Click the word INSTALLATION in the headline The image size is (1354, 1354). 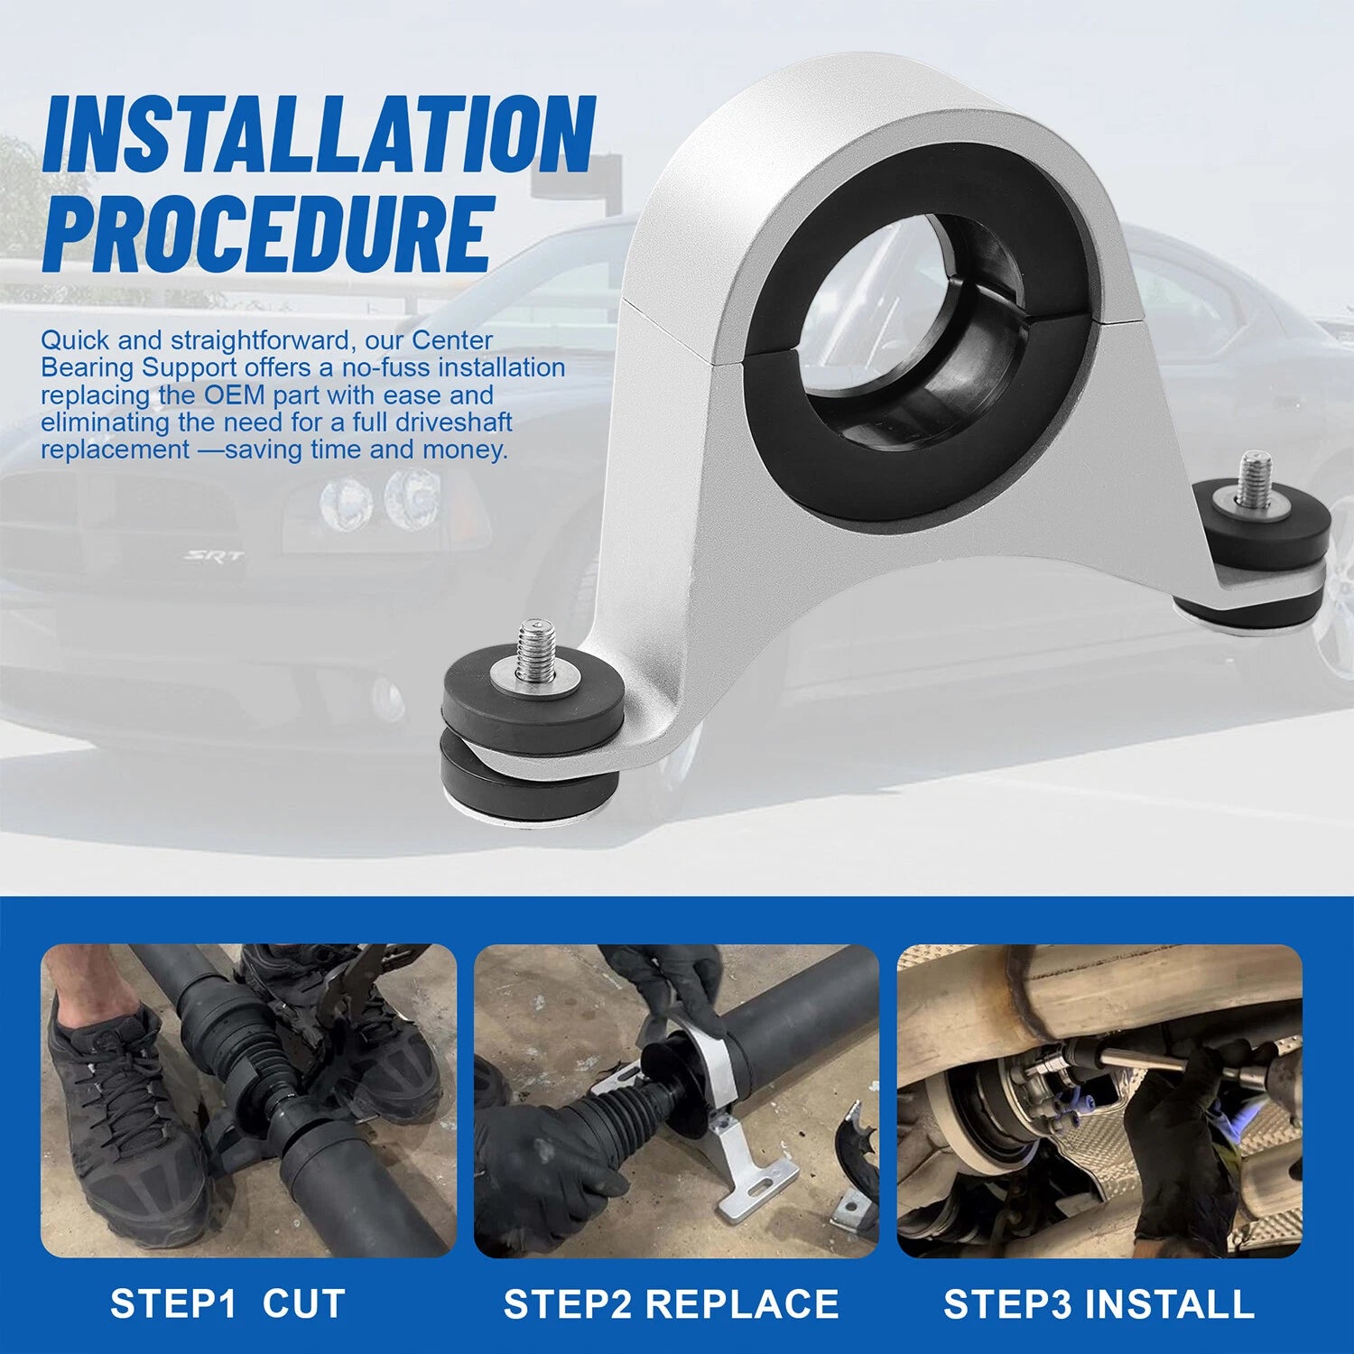319,134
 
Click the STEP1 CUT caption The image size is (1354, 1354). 227,1303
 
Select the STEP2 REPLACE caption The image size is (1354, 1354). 671,1303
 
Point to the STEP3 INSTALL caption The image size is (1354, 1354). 1099,1303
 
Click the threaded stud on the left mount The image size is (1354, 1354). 535,650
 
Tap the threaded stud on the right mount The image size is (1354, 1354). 1253,479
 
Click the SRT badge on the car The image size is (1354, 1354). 214,556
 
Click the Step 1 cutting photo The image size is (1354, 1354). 248,1101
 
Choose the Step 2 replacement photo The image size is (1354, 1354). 676,1101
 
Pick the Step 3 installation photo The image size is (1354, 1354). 1099,1101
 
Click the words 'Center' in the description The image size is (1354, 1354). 452,340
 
